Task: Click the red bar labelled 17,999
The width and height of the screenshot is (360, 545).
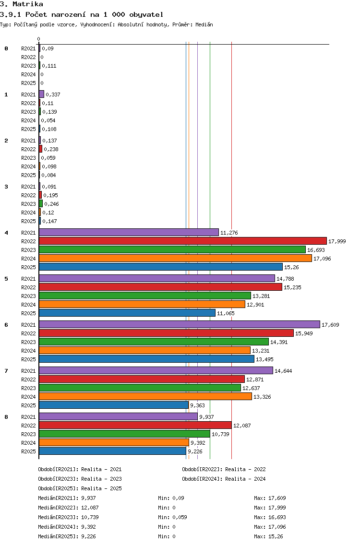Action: pos(183,241)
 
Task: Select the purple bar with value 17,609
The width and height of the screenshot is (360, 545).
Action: pos(180,324)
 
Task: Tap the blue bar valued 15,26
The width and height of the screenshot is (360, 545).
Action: pos(161,267)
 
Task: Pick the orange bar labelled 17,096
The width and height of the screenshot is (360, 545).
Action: pos(175,258)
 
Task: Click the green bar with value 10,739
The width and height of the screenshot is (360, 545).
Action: pos(124,434)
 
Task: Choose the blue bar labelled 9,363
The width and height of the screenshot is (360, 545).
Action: pos(114,405)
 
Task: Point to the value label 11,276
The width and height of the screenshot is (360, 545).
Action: pos(229,233)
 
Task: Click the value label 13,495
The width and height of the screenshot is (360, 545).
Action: pos(264,359)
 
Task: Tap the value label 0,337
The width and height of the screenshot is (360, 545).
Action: pos(53,95)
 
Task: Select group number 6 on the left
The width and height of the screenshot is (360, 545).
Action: pos(6,325)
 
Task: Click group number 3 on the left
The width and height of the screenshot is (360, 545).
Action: pos(6,187)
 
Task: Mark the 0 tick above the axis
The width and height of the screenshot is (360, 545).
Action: pos(38,39)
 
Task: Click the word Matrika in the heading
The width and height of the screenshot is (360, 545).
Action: pos(28,4)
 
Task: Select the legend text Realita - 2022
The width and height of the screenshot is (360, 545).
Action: pos(245,469)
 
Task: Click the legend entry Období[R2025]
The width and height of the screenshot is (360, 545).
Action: pos(58,488)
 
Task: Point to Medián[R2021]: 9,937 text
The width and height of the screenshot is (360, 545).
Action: pos(67,498)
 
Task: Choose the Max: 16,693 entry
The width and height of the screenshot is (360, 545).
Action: pos(270,517)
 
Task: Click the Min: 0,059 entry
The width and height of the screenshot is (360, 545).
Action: pos(172,517)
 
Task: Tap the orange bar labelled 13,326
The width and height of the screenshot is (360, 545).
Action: pos(145,396)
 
